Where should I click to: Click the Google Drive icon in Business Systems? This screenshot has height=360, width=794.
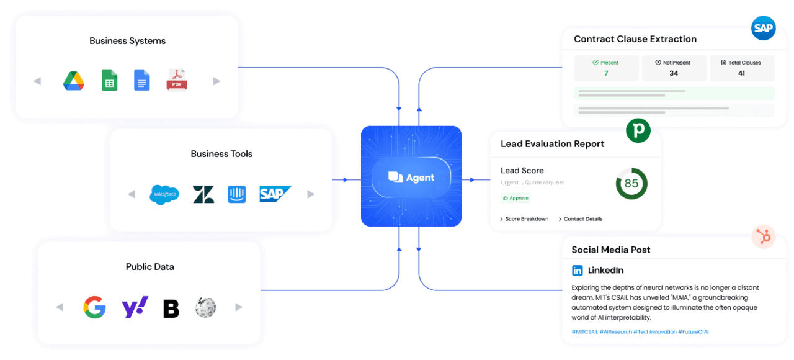coord(74,81)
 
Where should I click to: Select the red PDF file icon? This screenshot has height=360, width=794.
coord(177,80)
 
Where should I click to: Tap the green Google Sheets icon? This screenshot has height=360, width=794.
coord(109,80)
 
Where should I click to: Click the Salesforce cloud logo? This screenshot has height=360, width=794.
coord(164,194)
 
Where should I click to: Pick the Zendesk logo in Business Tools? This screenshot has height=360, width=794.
coord(203,194)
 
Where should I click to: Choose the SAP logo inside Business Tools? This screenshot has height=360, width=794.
coord(275,194)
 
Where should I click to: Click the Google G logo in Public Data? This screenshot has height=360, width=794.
coord(94,307)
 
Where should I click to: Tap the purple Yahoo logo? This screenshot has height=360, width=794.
coord(135,307)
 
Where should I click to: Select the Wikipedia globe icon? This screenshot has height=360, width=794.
coord(205,307)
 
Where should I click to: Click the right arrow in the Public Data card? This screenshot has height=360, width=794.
coord(239,307)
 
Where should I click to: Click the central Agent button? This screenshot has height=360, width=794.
coord(411,178)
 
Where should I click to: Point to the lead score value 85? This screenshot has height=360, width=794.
coord(631,184)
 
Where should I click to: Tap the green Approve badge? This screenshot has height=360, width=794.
coord(516,198)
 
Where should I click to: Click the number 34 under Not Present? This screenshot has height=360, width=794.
coord(674,73)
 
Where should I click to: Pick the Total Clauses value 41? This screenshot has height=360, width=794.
coord(741,73)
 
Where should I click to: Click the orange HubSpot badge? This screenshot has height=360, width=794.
coord(763,237)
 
